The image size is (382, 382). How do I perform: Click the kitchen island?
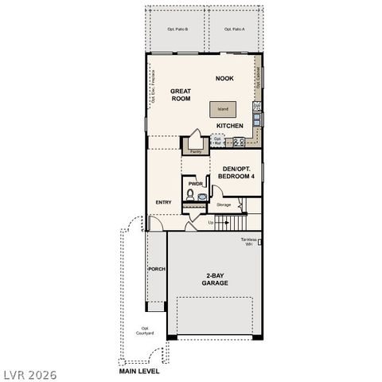[223, 110]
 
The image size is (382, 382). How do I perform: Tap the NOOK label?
[224, 78]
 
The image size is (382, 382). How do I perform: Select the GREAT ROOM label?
[181, 95]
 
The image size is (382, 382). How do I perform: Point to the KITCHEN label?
[229, 126]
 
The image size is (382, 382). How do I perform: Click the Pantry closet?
[195, 146]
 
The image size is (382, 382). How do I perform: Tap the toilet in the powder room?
[192, 193]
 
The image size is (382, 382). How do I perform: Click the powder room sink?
[201, 193]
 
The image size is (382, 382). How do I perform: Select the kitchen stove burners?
[238, 142]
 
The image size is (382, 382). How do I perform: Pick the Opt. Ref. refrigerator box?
[218, 141]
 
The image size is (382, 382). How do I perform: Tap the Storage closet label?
[224, 205]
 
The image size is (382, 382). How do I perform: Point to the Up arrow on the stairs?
[211, 222]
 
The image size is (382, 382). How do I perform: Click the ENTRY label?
[164, 202]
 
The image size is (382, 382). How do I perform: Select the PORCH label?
[156, 269]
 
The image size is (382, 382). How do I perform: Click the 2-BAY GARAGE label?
[215, 279]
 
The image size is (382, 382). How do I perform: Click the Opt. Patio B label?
[177, 29]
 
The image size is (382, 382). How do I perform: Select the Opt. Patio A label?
[233, 29]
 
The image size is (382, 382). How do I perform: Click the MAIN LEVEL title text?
[139, 370]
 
